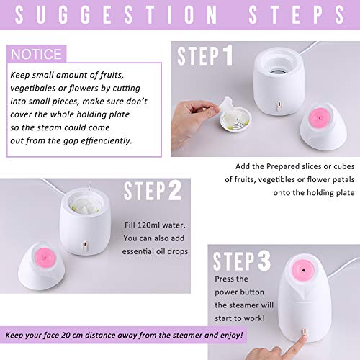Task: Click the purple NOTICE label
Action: point(36,54)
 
